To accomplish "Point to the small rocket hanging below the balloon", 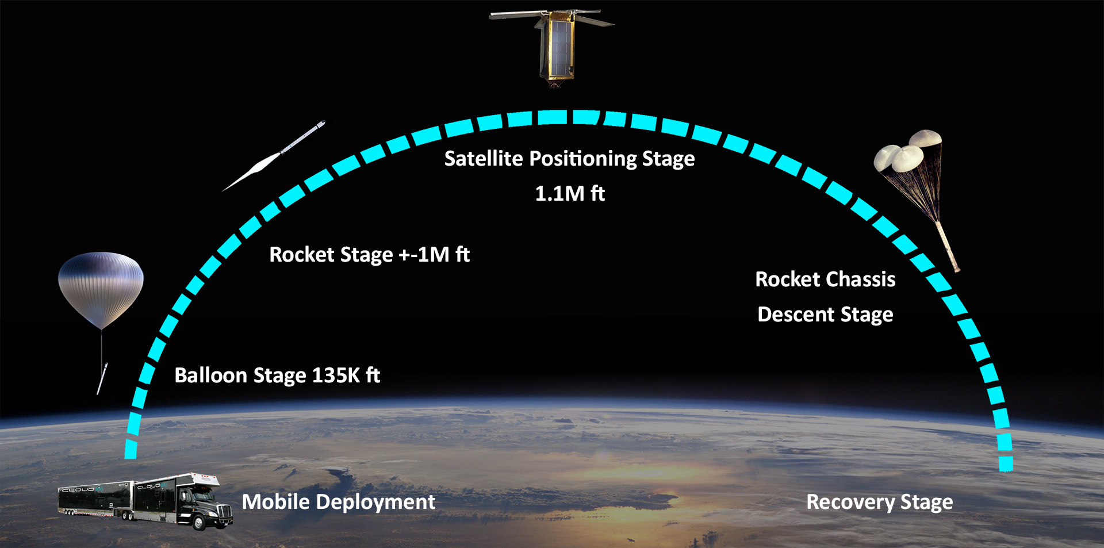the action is click(102, 378).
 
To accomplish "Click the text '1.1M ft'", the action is click(570, 194).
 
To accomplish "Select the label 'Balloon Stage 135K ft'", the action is click(277, 375).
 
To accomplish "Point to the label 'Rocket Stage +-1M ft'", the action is click(369, 255).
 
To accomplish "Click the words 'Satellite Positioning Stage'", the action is click(569, 159).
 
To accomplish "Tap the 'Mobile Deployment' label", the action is click(338, 502).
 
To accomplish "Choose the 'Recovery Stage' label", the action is click(880, 502).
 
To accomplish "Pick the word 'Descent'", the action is click(796, 315).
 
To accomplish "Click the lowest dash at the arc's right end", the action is click(1006, 463).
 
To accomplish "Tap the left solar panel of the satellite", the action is click(515, 15).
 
